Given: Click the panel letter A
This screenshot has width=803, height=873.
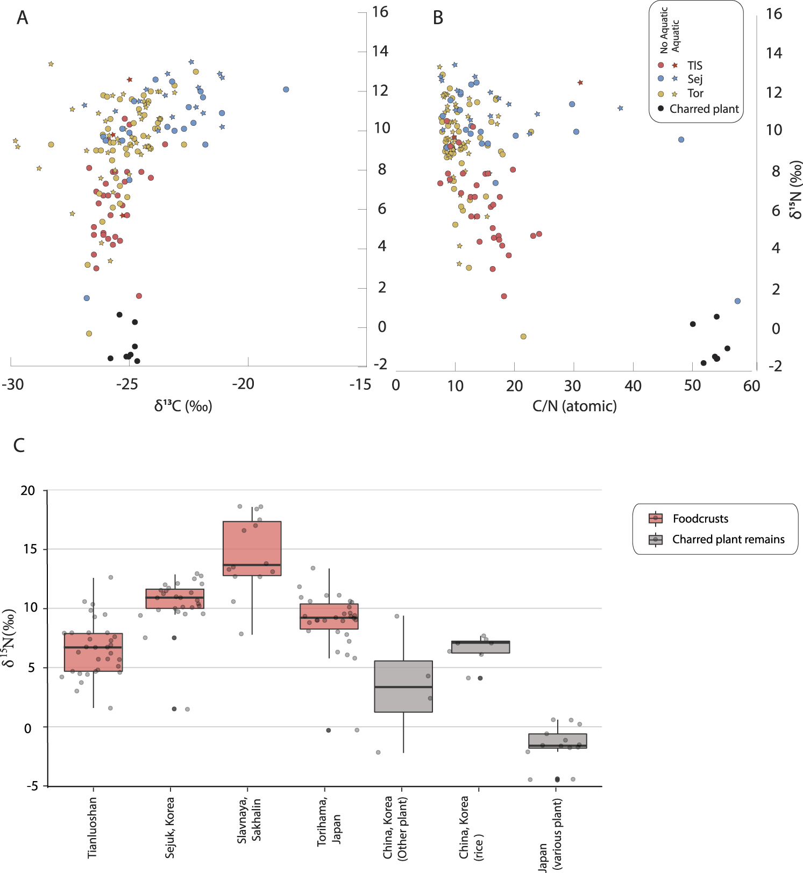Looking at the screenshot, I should pos(22,18).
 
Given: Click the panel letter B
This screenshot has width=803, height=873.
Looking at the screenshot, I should pos(438,18).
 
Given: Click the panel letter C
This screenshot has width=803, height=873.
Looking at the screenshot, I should pos(19,445).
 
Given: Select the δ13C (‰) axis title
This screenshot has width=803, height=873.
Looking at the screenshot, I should pos(183,406).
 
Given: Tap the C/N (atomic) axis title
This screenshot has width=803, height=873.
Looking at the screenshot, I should pos(574,406).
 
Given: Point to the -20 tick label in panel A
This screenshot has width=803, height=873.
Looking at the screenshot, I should pos(243,384).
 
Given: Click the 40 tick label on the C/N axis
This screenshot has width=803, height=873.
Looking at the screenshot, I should pos(633,385).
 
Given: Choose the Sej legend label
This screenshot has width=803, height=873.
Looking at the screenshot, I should pos(695,79).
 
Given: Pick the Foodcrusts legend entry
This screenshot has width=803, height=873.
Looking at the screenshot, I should pos(700,519).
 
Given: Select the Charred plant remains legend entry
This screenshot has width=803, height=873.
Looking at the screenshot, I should pos(728,539).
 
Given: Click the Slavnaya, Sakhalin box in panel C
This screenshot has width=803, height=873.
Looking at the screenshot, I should pos(252,548).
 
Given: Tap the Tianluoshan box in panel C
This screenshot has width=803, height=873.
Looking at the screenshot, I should pos(93,652).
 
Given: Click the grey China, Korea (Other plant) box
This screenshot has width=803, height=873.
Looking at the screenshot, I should pos(403,686).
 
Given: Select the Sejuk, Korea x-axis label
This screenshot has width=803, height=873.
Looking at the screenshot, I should pos(170,828).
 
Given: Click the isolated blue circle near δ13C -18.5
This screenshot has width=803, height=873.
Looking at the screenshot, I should pos(286,89).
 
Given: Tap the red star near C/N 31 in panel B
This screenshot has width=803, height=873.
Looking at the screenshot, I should pos(580,83).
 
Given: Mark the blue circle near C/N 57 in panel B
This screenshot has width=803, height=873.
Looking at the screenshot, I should pos(737,301).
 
